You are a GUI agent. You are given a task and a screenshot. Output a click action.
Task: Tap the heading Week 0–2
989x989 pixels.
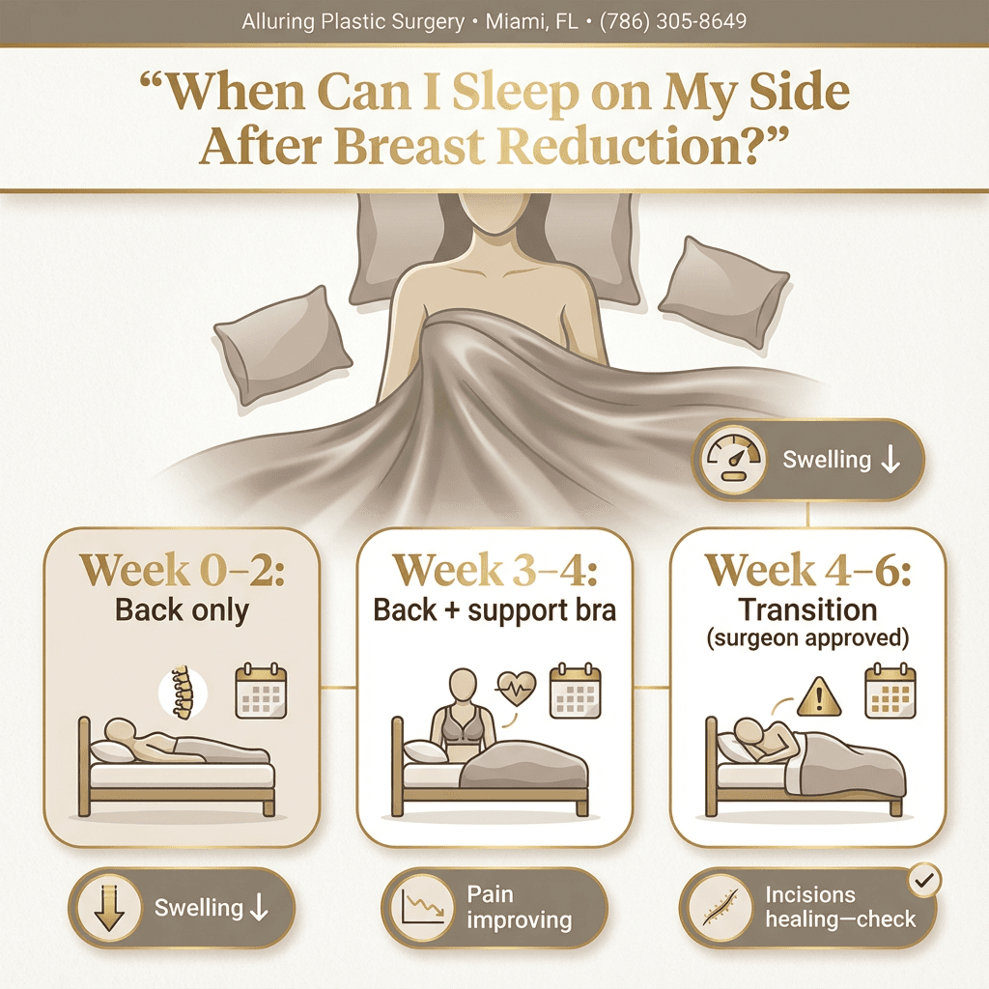tap(182, 570)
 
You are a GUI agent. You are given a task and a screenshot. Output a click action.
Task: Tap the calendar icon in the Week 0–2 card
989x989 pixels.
tap(261, 691)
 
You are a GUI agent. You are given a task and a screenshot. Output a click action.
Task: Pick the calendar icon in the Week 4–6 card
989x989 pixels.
tap(890, 691)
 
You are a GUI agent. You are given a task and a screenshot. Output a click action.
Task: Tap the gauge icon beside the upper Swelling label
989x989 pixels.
tap(730, 460)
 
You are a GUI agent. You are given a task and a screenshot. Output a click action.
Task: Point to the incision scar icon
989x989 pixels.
tap(722, 908)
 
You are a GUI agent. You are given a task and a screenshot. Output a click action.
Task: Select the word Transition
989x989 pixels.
tap(806, 610)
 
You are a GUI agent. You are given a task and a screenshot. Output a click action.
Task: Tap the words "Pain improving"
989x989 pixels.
tap(518, 907)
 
